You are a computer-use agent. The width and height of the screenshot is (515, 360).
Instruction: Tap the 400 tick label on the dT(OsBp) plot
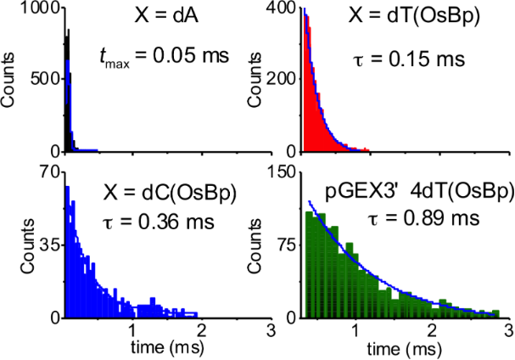(283, 8)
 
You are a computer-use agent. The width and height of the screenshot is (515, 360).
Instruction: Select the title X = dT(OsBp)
(410, 17)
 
